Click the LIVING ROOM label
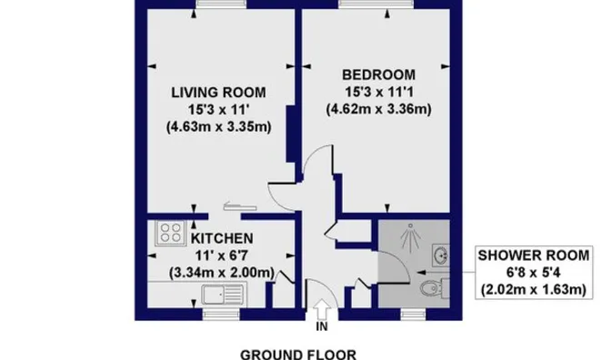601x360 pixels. [x=218, y=93]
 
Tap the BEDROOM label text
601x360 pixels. [x=378, y=75]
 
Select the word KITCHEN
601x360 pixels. [x=222, y=238]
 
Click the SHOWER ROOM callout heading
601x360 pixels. [x=534, y=255]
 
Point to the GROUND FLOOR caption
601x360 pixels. [x=298, y=355]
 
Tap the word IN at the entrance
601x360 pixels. [x=322, y=326]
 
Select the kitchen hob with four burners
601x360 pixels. [x=171, y=233]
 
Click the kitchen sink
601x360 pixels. [x=223, y=295]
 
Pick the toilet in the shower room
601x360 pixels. [x=435, y=288]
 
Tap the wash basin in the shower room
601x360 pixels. [x=441, y=255]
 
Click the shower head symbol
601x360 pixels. [x=410, y=237]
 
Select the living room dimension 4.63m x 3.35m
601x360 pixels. [x=219, y=127]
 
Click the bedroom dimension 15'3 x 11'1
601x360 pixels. [x=379, y=93]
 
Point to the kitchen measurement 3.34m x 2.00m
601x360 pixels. [x=222, y=273]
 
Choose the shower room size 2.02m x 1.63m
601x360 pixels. [x=534, y=289]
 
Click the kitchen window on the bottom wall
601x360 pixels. [x=221, y=315]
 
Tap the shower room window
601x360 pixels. [x=413, y=315]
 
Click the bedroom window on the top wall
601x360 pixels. [x=376, y=4]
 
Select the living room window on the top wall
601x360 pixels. [x=221, y=4]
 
